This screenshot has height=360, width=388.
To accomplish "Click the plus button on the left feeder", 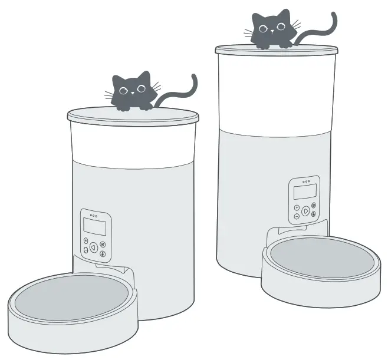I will pyautogui.click(x=86, y=241).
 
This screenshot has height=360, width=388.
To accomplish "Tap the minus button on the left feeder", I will pyautogui.click(x=86, y=250).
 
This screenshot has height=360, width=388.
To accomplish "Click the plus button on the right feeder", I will pyautogui.click(x=297, y=208).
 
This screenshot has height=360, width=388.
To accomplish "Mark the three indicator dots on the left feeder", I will pyautogui.click(x=94, y=216).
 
